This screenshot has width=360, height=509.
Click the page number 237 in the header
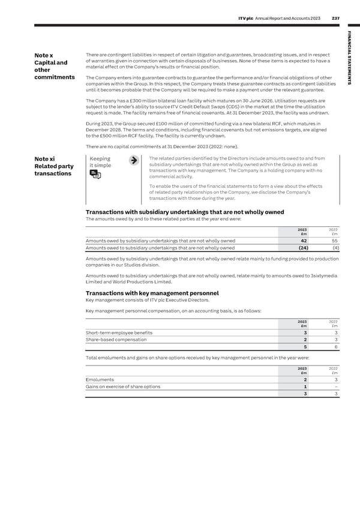click(335, 18)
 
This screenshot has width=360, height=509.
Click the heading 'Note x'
click(46, 57)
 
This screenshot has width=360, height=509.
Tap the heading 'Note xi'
click(47, 159)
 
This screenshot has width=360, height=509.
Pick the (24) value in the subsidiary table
click(303, 247)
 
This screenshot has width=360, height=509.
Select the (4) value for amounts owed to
click(335, 247)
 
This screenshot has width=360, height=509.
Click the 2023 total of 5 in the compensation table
click(305, 348)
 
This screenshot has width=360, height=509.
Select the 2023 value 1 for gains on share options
click(305, 387)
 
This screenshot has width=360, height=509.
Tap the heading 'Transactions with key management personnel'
click(152, 293)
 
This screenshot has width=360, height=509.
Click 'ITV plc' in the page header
click(247, 18)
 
